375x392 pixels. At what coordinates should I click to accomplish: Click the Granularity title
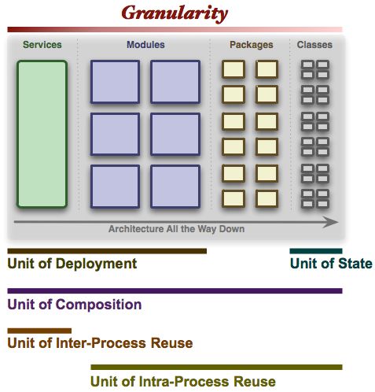175,13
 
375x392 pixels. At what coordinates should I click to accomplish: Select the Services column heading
42,45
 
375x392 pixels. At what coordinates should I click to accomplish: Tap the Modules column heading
145,45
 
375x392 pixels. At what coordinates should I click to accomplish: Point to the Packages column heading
252,45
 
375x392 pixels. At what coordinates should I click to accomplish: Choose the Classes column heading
314,45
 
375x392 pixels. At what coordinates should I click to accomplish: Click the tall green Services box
42,134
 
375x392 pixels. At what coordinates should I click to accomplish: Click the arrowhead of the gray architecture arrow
331,222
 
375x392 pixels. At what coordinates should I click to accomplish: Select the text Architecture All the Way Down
176,229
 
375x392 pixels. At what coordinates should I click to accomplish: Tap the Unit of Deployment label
72,264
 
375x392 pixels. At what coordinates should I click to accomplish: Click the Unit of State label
331,264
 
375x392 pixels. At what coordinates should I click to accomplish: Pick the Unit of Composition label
75,305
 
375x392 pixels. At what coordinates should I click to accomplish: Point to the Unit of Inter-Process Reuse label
100,343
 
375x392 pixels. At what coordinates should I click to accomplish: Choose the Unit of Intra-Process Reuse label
183,381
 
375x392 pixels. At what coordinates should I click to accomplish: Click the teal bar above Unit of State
316,251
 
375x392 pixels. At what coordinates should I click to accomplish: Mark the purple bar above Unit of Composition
175,290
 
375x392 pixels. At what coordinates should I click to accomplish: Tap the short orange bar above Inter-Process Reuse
39,331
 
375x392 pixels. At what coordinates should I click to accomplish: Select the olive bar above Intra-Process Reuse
216,367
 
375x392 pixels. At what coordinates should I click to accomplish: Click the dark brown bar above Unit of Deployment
107,251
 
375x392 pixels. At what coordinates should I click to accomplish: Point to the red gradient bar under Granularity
175,29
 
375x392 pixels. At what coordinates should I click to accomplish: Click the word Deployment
96,264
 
